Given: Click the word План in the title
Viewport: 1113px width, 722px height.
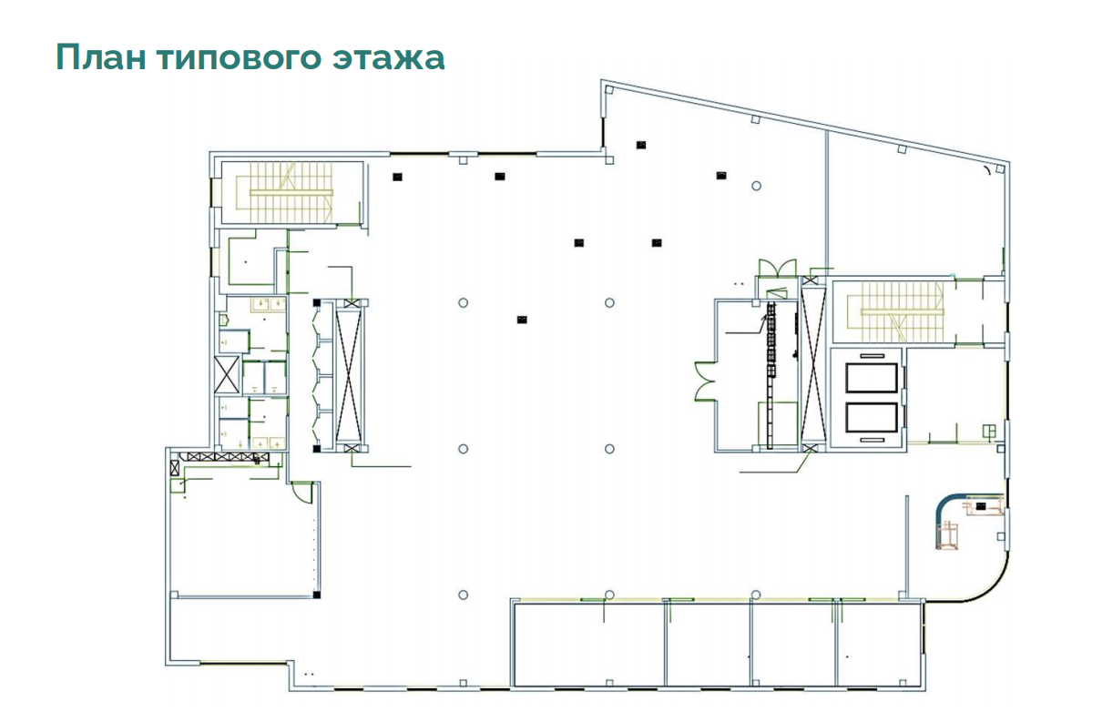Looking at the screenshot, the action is pos(101,57).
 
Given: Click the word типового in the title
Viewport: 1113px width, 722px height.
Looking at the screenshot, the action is pos(239,57).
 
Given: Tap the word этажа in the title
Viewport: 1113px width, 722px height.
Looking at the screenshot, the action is pos(389,57).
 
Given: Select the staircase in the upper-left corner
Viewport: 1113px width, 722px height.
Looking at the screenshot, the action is pos(291,193).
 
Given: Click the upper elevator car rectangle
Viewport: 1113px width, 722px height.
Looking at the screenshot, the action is pos(872,378).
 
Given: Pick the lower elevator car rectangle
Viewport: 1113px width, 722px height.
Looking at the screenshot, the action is pos(872,418).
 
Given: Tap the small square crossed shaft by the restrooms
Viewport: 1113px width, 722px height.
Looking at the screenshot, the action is pos(227,375).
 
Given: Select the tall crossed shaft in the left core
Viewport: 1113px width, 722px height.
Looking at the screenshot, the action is pos(350,375).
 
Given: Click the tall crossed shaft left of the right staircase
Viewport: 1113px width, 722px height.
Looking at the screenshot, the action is pos(813,365).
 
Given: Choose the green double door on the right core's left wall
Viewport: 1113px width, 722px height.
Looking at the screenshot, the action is pos(705,381).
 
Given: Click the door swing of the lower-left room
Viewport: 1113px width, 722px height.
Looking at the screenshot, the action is pos(302,492).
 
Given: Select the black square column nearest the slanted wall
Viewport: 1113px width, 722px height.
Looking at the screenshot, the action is pos(641,145).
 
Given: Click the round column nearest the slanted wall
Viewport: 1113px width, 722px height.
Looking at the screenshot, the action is pos(756,186).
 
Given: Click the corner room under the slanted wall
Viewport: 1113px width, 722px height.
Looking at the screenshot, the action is pos(914,208).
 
